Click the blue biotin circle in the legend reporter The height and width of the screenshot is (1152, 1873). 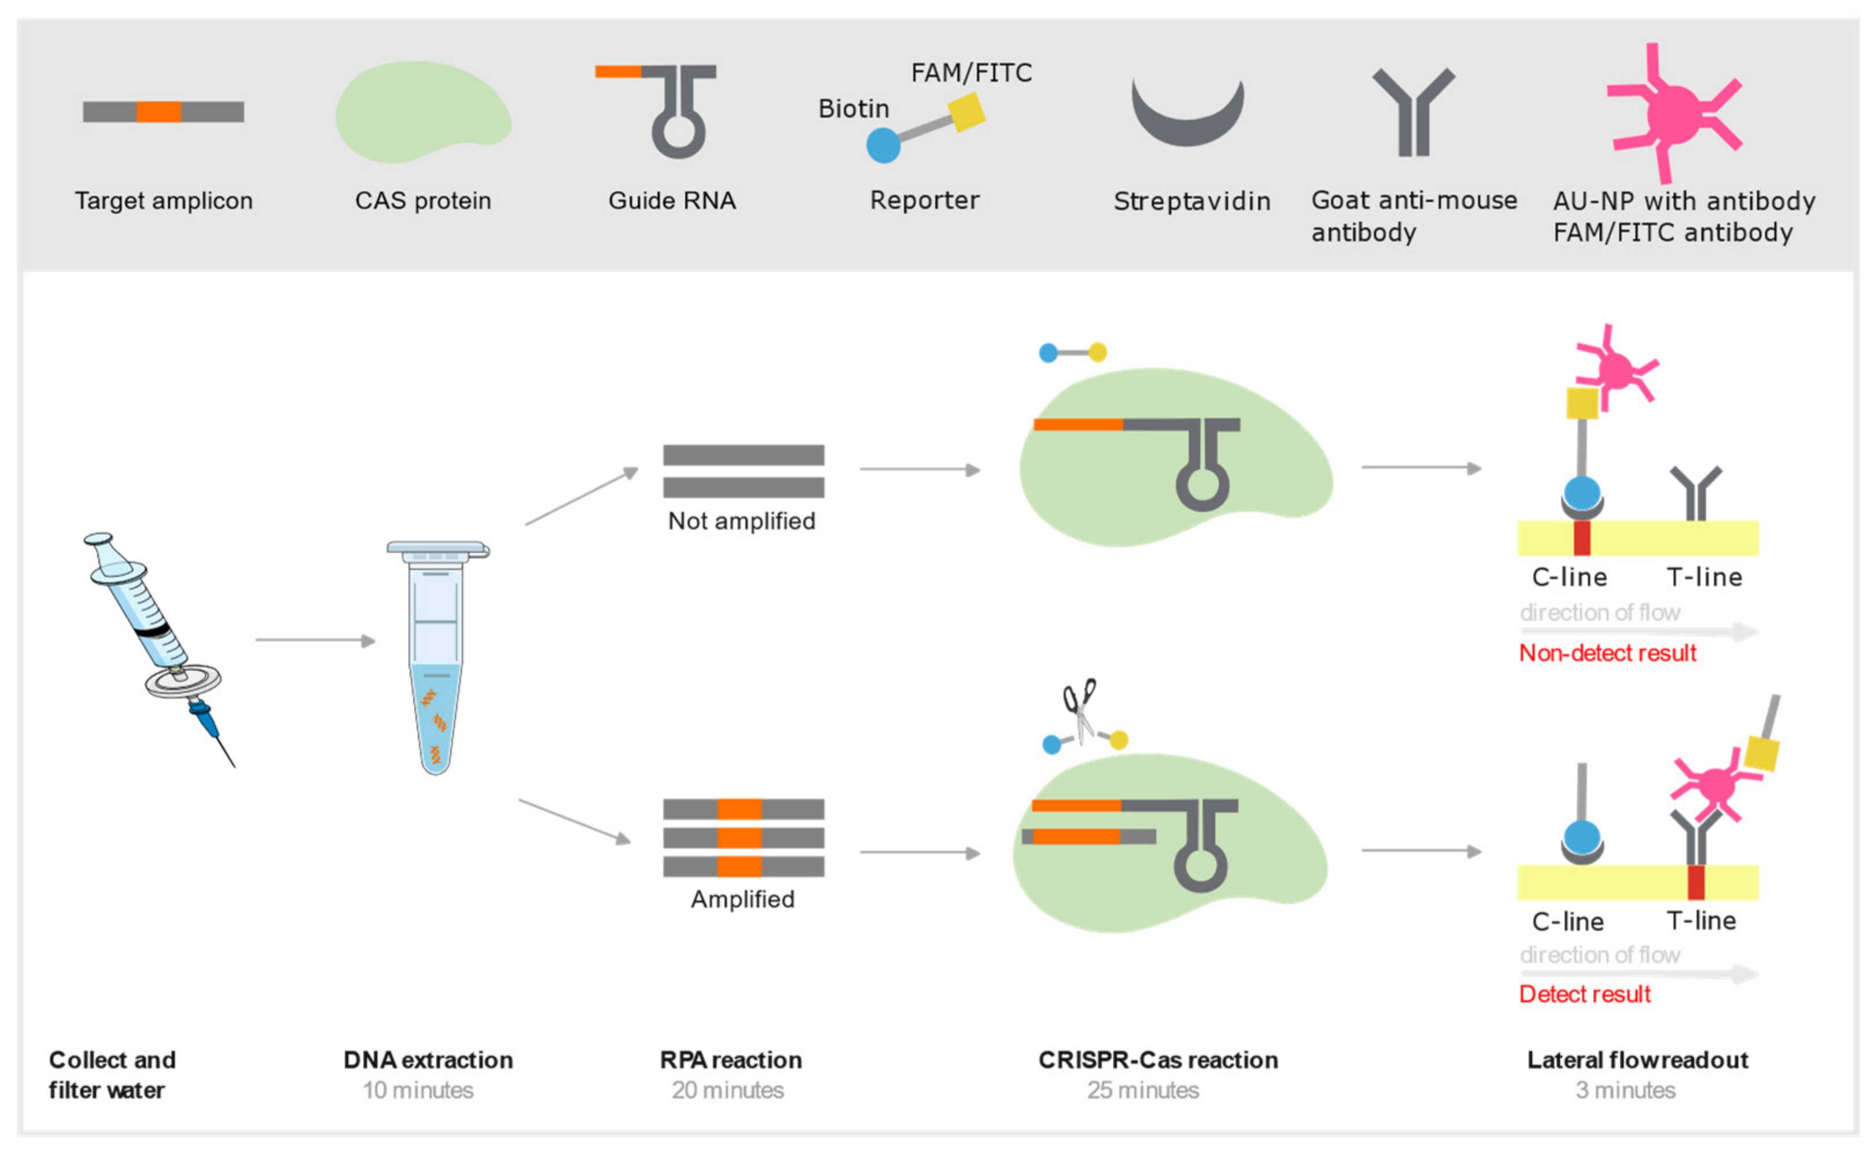click(884, 145)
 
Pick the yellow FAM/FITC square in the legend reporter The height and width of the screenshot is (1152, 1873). click(966, 112)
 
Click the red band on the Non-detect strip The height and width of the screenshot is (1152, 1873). click(1582, 538)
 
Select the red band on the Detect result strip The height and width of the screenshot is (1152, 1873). click(1695, 883)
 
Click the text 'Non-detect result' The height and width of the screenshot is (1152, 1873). click(1607, 653)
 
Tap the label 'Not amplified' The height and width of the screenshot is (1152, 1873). click(742, 521)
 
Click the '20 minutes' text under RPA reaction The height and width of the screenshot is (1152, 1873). click(727, 1090)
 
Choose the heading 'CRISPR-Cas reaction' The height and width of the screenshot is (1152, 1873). click(1157, 1060)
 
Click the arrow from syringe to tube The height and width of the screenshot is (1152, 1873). click(315, 641)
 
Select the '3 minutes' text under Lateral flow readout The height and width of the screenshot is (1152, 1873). click(1625, 1090)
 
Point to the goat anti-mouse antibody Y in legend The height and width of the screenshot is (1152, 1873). click(1414, 115)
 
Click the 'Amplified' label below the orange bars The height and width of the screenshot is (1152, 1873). click(742, 899)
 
